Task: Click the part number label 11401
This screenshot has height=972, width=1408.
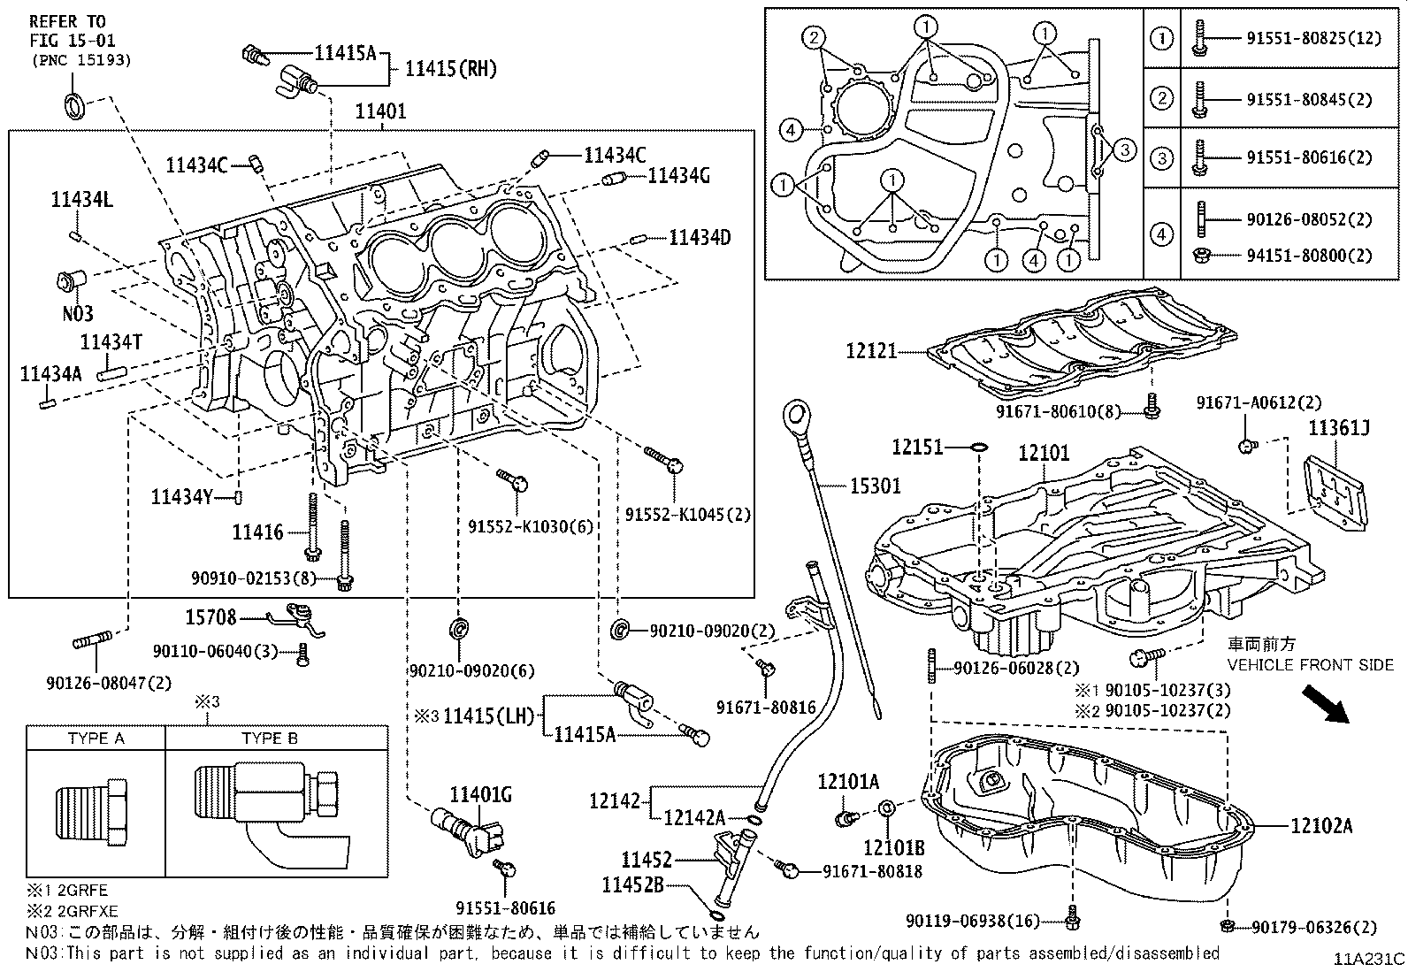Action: [x=380, y=111]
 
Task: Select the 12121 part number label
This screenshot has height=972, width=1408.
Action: [x=870, y=351]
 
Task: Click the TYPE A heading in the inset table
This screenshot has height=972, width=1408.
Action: [x=96, y=739]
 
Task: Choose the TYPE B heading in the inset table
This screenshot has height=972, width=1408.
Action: [x=275, y=739]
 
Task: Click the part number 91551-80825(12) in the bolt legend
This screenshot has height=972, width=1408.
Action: [x=1311, y=38]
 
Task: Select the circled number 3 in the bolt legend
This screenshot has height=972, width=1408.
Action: [x=1162, y=158]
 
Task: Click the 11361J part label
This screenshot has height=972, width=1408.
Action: [x=1339, y=430]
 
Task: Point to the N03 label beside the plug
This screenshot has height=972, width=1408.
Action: [x=77, y=313]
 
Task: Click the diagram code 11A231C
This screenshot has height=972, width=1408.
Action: [x=1369, y=959]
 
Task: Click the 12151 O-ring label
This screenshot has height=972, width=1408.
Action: [x=917, y=448]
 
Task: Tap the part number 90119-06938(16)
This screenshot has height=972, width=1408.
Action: [x=972, y=922]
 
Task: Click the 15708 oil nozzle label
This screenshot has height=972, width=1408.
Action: [x=210, y=616]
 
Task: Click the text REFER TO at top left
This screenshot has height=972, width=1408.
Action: [x=66, y=21]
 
